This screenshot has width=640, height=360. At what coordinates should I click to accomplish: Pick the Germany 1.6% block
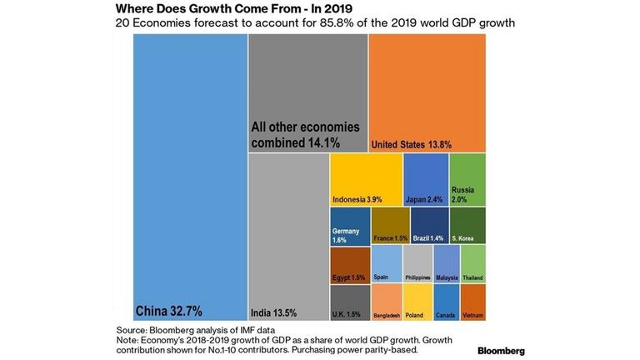350,226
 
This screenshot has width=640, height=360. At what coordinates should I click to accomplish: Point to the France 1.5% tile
390,226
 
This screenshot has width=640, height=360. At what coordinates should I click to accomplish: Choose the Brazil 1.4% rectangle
430,226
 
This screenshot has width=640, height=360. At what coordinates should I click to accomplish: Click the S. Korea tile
467,226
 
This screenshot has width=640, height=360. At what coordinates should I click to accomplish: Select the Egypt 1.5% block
350,264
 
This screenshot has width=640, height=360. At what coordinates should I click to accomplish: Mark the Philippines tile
417,264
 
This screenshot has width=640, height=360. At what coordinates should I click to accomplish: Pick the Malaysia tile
447,264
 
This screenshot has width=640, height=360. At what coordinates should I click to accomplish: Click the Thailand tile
472,264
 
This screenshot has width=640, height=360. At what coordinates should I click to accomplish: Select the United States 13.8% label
412,144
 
